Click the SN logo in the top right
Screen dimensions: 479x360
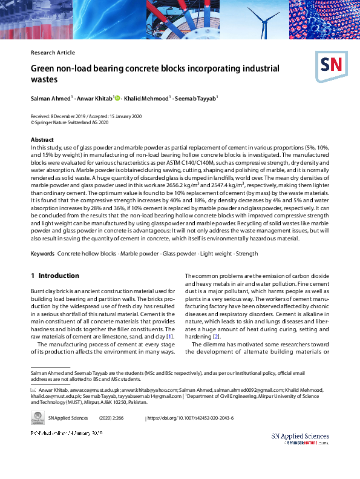[329, 66]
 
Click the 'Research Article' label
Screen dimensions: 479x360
[53, 53]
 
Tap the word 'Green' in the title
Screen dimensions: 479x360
[44, 68]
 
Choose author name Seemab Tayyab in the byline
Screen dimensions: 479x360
[197, 97]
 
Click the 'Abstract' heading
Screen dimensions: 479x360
[42, 140]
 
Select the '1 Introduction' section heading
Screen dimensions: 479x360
[54, 276]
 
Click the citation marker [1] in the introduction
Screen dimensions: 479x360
[171, 336]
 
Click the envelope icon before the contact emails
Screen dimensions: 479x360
[33, 391]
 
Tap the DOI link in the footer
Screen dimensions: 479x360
[191, 418]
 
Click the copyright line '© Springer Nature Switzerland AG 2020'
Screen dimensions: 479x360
[70, 122]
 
